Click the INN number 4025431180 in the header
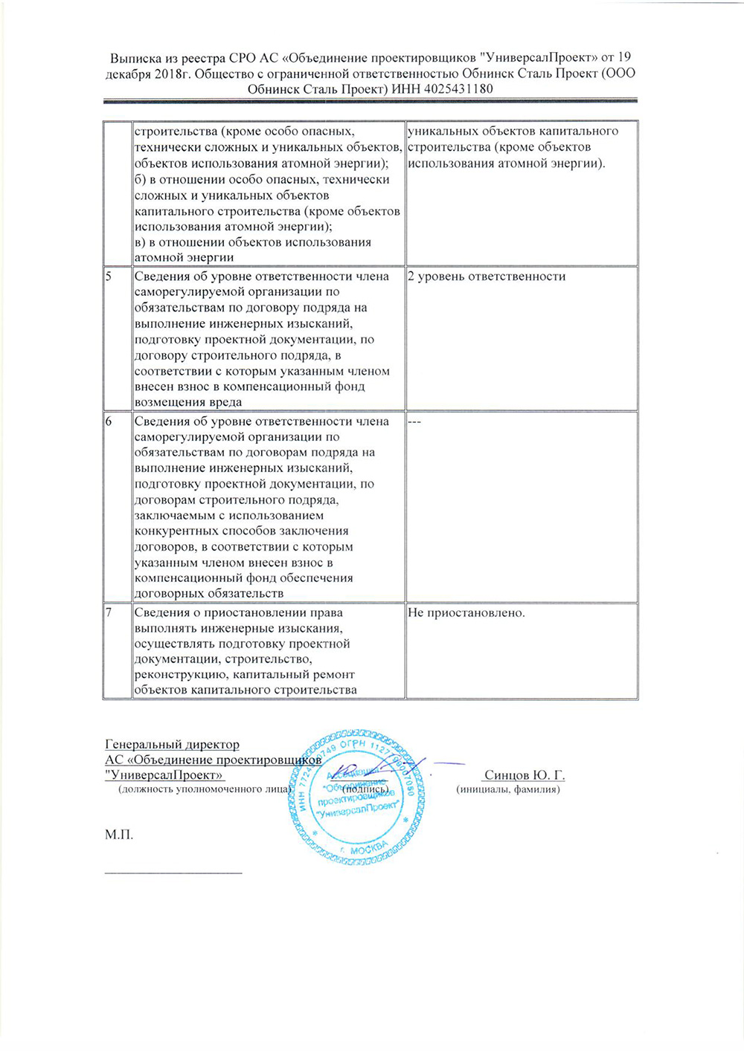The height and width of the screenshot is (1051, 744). coord(458,89)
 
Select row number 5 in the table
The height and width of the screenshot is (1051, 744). coord(109,277)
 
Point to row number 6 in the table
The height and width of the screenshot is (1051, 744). coord(109,421)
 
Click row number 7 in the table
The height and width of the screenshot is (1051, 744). coord(109,613)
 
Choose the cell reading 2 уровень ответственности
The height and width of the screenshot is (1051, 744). coord(487,277)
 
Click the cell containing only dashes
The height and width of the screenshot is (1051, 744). coord(414,421)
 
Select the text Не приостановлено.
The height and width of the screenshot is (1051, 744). coord(466,613)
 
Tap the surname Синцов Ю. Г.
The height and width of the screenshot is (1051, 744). coord(525,775)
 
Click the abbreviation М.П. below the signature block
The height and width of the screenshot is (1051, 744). coord(119,835)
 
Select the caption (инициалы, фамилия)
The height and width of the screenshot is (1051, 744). coord(507,789)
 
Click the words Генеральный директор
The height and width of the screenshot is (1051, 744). coord(173,745)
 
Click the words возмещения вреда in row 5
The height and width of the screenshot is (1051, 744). coord(188,402)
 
